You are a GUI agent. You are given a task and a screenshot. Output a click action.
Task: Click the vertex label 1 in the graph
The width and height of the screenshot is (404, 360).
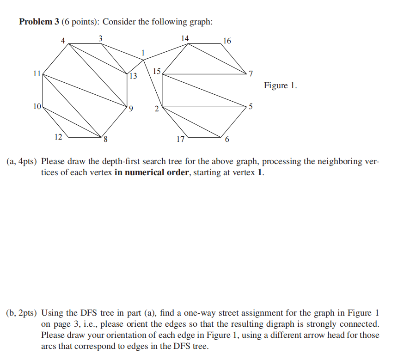[x=144, y=53]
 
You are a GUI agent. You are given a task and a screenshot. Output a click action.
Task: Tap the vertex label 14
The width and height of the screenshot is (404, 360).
[x=185, y=38]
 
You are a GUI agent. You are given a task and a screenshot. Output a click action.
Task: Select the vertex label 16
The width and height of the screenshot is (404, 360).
[x=226, y=41]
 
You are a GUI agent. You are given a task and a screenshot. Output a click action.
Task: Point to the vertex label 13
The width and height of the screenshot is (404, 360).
[x=133, y=76]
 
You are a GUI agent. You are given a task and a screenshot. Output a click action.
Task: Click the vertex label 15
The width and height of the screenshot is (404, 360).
[x=157, y=72]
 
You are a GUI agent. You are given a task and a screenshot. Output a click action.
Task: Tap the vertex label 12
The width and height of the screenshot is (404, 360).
[x=58, y=136]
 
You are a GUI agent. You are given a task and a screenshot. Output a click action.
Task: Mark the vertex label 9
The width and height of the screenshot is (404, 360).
[x=131, y=109]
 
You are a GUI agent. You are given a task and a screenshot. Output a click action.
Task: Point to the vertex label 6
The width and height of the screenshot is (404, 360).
[x=226, y=140]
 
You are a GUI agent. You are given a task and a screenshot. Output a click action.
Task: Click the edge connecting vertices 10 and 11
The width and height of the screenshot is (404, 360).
[x=43, y=90]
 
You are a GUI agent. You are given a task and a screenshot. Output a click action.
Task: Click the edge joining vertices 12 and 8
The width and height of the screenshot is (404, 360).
[x=85, y=137]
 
